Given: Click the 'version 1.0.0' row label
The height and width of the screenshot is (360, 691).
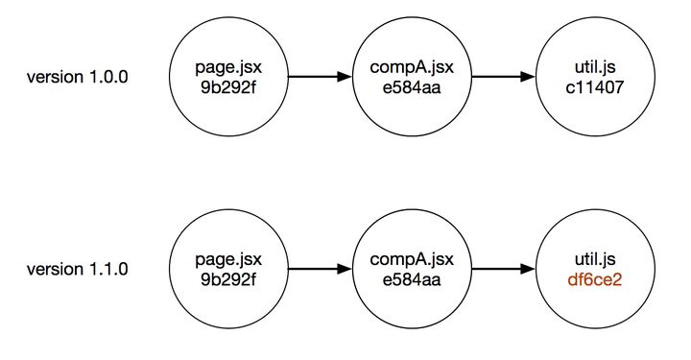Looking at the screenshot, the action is point(78,77).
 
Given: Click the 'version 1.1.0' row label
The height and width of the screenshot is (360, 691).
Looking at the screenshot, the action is point(78,269).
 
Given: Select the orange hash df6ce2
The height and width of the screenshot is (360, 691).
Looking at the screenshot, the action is point(595,279).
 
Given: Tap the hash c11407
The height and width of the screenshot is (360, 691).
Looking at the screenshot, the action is point(595,87).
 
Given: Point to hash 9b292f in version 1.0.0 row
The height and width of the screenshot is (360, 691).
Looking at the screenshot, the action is point(228,87).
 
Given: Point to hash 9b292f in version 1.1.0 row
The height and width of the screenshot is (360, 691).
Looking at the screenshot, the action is point(228,279).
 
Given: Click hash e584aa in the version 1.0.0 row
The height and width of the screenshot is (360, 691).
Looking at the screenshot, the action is point(412,87).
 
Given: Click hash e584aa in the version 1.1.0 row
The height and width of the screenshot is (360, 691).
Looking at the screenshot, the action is point(412,279).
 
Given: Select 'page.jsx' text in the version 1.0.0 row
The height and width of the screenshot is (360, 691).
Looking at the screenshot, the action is point(228,68).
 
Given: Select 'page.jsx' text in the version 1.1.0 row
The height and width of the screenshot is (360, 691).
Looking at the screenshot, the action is point(228,260).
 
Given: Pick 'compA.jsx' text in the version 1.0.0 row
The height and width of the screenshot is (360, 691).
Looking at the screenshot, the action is point(412,68).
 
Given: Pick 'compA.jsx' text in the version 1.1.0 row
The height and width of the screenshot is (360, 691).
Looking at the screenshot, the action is point(412,260).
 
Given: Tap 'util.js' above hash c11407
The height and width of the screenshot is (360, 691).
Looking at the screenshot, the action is point(595,67).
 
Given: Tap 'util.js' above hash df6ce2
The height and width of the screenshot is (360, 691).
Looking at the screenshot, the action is point(595,259).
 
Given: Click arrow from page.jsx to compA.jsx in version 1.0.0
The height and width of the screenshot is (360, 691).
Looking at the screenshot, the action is point(320,77).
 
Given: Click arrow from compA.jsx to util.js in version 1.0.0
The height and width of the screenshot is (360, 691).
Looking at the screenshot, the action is point(503,77).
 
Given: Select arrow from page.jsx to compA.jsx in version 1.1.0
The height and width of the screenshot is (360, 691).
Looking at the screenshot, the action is point(320,269).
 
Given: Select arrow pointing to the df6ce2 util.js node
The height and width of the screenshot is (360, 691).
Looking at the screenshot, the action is point(503,269).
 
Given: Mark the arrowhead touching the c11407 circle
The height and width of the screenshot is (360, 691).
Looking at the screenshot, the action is point(528,77).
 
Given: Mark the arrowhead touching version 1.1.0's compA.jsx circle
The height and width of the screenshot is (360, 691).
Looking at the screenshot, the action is point(345,269).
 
